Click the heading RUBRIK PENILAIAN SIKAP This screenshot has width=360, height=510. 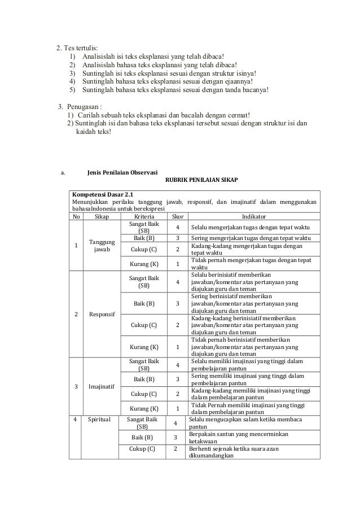(201, 180)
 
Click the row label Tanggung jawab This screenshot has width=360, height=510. (102, 245)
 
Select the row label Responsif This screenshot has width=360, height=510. (102, 315)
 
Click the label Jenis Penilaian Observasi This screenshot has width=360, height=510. (122, 172)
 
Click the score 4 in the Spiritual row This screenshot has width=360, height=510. (175, 424)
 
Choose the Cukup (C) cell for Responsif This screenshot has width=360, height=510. (143, 325)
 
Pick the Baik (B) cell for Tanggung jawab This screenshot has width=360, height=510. (143, 238)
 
